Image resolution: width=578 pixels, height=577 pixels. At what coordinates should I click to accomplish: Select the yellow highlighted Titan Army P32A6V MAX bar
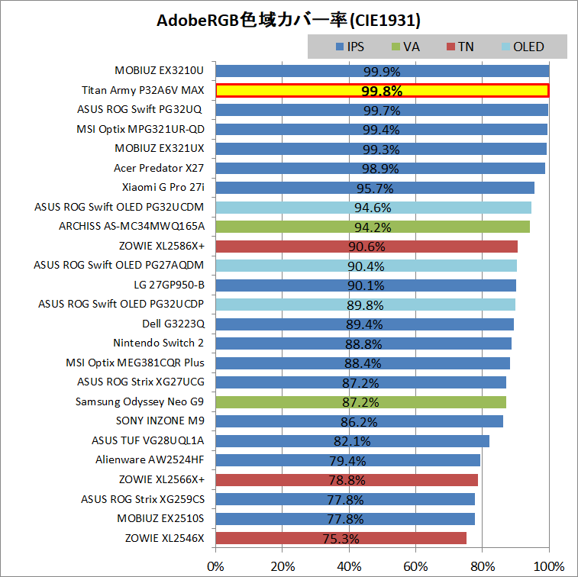pyautogui.click(x=382, y=90)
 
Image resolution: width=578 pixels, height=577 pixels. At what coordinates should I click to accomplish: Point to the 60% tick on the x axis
pyautogui.click(x=416, y=566)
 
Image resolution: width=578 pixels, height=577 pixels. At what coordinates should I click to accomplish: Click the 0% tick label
pyautogui.click(x=216, y=566)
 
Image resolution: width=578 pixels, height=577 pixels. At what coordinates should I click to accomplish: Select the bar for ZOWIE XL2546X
pyautogui.click(x=341, y=538)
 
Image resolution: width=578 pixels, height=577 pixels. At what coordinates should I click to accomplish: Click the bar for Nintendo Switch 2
pyautogui.click(x=363, y=343)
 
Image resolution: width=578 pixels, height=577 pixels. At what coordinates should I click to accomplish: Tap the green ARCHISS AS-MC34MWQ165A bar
pyautogui.click(x=373, y=227)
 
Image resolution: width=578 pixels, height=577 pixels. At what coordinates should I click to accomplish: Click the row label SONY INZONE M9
pyautogui.click(x=160, y=421)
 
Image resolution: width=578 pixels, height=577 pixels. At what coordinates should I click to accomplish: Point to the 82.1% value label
pyautogui.click(x=352, y=441)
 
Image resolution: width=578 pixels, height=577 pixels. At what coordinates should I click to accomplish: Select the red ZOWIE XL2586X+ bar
pyautogui.click(x=366, y=246)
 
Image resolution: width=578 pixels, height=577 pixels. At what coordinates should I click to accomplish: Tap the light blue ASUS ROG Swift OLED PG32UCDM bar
pyautogui.click(x=373, y=207)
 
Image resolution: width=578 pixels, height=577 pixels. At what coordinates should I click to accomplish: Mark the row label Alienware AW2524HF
pyautogui.click(x=150, y=459)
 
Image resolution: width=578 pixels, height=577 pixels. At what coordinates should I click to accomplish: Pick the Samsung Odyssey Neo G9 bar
pyautogui.click(x=360, y=402)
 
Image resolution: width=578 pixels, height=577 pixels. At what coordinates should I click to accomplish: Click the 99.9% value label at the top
pyautogui.click(x=382, y=71)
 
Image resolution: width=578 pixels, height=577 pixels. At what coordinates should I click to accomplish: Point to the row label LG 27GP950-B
pyautogui.click(x=169, y=285)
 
